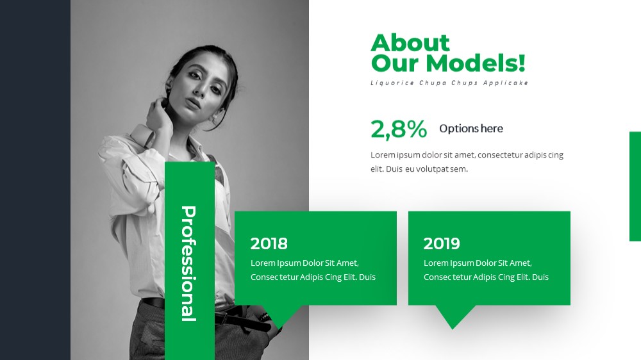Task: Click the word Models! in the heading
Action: click(x=475, y=63)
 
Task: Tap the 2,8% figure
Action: click(x=399, y=129)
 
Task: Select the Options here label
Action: click(x=471, y=128)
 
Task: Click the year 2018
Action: click(x=269, y=243)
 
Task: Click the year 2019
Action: click(x=442, y=243)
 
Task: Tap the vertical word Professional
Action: click(x=188, y=263)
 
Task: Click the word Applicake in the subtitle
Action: click(x=505, y=83)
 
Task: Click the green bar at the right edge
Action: click(x=635, y=186)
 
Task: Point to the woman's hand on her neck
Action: click(x=158, y=116)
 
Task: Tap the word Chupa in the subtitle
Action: click(x=433, y=83)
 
